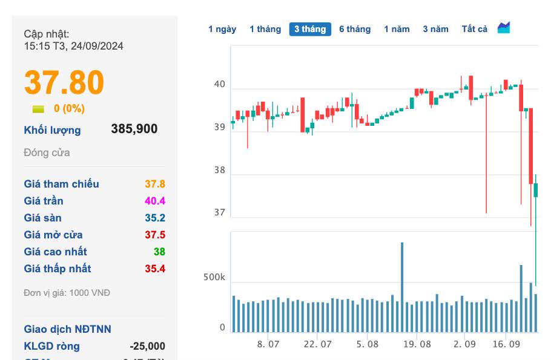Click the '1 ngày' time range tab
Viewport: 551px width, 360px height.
222,29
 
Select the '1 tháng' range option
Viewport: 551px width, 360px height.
265,29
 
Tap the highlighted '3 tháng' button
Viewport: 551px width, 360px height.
310,29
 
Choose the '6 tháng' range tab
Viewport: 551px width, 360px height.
355,29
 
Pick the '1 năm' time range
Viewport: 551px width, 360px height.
397,29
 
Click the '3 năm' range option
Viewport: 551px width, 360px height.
435,29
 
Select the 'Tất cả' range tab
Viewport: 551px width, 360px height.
474,29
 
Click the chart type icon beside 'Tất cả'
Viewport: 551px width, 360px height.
504,28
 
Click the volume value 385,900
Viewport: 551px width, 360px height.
134,129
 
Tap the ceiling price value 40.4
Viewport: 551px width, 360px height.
155,201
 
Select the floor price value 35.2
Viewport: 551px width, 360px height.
155,218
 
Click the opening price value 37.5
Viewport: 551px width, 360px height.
155,235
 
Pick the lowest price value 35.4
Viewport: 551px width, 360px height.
155,269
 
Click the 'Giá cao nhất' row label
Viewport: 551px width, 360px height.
55,252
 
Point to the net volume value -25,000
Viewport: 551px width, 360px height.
147,346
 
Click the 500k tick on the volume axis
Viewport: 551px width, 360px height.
214,278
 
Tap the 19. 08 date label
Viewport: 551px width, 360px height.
417,344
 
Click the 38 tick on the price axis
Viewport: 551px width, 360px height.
219,171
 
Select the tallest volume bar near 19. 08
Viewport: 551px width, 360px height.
402,287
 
